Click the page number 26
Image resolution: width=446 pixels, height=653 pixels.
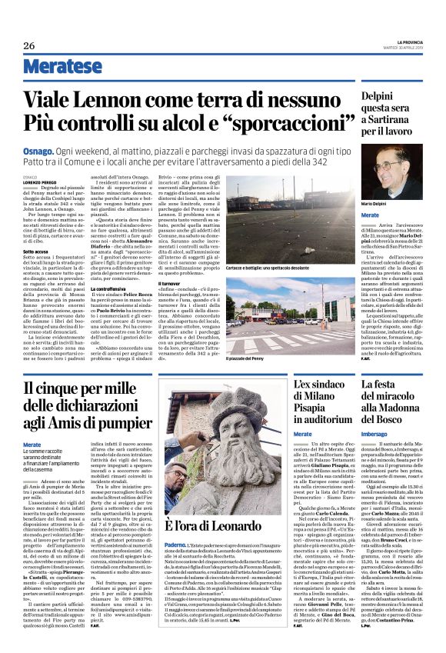pyautogui.click(x=29, y=45)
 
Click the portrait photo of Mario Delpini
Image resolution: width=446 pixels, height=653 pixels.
pyautogui.click(x=391, y=172)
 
